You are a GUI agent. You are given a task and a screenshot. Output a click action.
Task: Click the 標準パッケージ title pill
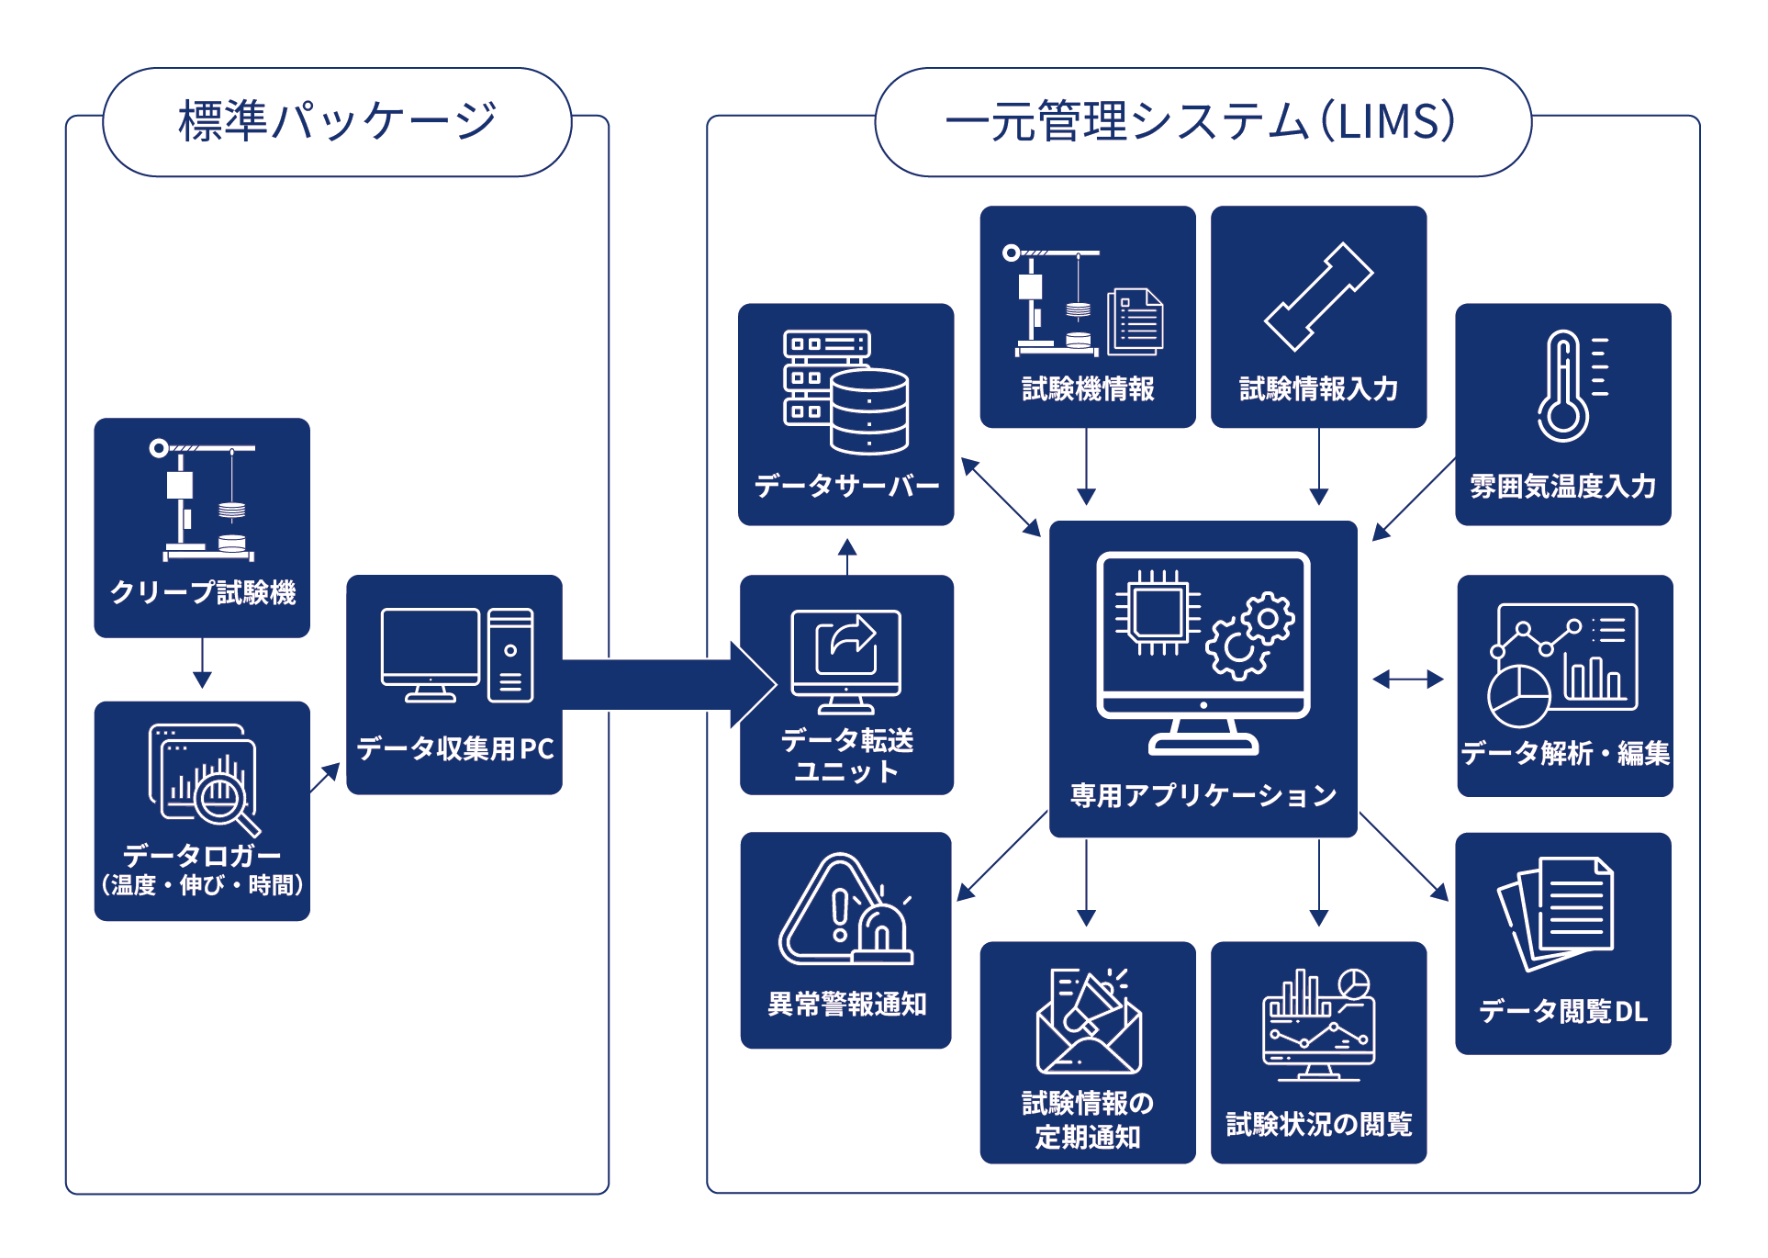pos(337,122)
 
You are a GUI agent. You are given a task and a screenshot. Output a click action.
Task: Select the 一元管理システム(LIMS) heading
pos(1202,122)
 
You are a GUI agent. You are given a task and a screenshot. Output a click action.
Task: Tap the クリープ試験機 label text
pos(203,592)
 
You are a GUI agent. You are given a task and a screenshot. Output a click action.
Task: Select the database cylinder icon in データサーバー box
pos(868,410)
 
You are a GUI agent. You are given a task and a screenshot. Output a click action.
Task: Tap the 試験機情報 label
pos(1088,389)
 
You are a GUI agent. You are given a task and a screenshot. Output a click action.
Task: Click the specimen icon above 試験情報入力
pos(1318,297)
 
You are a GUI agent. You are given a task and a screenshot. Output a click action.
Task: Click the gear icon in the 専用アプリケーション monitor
pos(1252,635)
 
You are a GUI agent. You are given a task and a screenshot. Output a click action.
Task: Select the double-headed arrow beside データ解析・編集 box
pos(1407,680)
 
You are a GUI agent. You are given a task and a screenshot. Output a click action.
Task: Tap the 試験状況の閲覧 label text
pos(1318,1124)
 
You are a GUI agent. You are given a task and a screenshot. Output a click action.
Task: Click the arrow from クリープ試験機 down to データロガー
pos(202,664)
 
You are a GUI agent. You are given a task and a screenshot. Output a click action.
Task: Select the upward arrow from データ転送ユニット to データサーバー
pos(846,556)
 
